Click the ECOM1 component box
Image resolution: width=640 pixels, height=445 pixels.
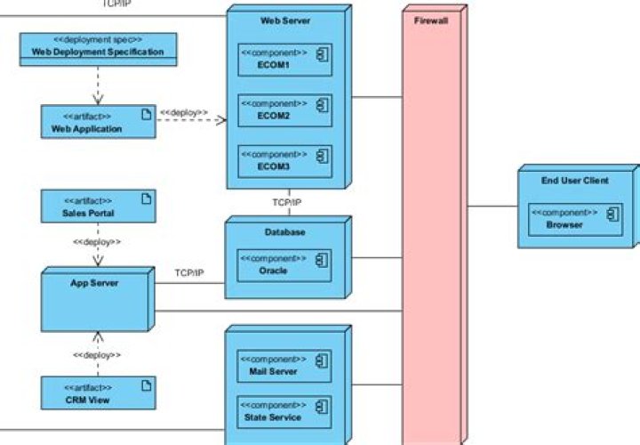[x=284, y=59]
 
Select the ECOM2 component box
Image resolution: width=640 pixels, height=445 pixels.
[x=284, y=109]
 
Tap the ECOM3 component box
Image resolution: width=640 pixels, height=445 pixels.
[x=284, y=161]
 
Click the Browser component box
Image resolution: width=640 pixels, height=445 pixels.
[x=575, y=219]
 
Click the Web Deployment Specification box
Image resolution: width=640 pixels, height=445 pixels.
[x=98, y=48]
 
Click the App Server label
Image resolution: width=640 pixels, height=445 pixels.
[x=94, y=283]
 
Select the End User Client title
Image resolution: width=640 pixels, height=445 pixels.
[x=575, y=181]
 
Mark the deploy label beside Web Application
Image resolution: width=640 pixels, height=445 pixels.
[x=184, y=113]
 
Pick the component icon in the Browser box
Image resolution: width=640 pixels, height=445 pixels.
[x=612, y=214]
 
